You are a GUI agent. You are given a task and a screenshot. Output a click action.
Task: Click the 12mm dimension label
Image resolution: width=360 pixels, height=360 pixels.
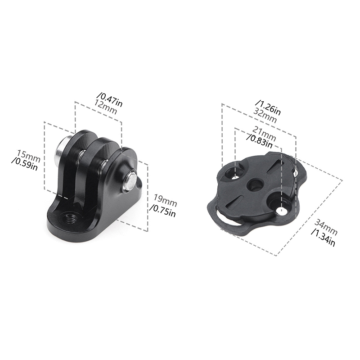(106, 107)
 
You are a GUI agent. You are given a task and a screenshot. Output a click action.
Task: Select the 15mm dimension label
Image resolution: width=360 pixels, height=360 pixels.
(29, 155)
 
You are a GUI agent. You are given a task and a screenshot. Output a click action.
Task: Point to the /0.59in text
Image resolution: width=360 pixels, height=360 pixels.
(25, 164)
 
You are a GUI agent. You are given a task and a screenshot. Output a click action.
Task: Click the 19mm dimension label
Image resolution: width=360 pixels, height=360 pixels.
(165, 200)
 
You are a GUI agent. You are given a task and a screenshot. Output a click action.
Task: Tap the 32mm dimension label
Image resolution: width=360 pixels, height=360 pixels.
(265, 116)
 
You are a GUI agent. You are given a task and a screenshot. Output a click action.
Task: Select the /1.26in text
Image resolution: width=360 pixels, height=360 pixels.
(268, 107)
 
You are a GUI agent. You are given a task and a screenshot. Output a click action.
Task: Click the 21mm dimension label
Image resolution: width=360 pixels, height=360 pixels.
(264, 133)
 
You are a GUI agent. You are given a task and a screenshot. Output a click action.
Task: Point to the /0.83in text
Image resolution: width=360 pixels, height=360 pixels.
(260, 141)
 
